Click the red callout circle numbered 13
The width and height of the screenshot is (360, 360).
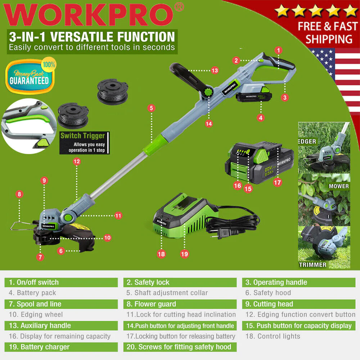[x=215, y=70]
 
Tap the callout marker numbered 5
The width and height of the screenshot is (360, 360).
[x=151, y=108]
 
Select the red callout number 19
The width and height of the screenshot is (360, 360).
[x=184, y=254]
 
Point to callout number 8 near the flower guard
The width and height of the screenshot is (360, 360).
[x=19, y=194]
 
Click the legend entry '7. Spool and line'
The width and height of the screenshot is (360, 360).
[x=35, y=304]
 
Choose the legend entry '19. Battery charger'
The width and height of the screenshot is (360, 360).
[x=39, y=347]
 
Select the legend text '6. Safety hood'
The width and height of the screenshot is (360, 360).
[x=268, y=292]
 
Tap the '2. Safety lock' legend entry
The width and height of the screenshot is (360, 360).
[x=148, y=282]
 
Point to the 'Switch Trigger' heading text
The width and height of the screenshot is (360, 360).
[x=82, y=135]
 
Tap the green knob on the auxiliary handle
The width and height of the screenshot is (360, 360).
[x=208, y=92]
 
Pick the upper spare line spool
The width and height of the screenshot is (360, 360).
[x=112, y=91]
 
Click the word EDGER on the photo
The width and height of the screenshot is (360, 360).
[x=307, y=141]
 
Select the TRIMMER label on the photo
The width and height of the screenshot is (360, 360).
[x=312, y=265]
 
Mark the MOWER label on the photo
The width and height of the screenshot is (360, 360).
[x=339, y=186]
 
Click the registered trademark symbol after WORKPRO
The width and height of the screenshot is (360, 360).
[x=179, y=7]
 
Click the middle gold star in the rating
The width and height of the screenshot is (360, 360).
[x=316, y=10]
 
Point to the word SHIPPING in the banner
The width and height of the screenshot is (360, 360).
[x=329, y=39]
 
